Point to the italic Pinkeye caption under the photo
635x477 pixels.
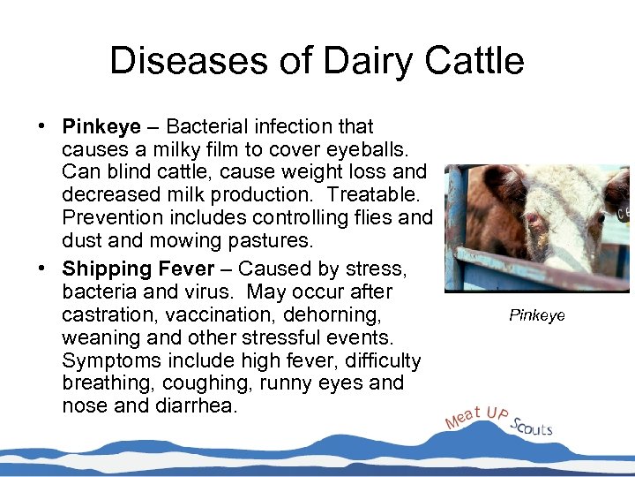click(x=537, y=315)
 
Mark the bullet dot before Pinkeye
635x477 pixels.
click(x=42, y=126)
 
